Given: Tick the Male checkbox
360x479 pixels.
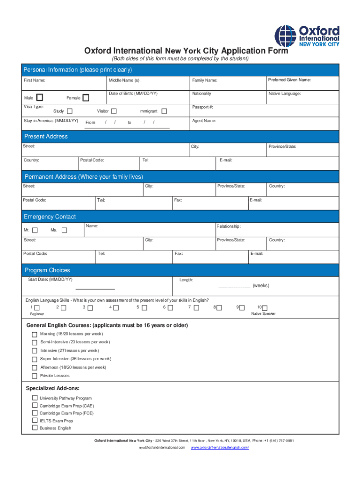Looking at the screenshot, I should click(40, 97).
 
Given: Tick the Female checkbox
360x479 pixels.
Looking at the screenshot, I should click(86, 98).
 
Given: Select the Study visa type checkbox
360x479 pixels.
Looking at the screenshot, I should click(70, 111).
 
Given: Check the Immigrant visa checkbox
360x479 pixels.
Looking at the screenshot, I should click(164, 111).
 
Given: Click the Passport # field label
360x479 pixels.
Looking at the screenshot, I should click(202, 107).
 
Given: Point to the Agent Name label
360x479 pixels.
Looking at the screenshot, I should click(204, 121).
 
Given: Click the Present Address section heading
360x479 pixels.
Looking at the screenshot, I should click(46, 137).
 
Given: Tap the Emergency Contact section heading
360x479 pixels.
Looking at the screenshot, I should click(50, 217).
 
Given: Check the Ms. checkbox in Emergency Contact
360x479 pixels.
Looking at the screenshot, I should click(65, 230).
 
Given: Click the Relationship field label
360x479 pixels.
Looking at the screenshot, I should click(229, 226).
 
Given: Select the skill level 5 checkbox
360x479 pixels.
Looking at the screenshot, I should click(144, 308).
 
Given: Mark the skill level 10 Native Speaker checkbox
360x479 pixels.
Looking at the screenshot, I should click(265, 308).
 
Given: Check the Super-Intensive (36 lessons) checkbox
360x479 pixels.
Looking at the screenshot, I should click(34, 359).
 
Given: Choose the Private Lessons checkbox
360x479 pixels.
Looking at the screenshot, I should click(34, 376).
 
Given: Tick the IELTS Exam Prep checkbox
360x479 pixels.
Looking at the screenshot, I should click(35, 421).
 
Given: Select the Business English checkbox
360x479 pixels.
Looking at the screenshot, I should click(35, 428).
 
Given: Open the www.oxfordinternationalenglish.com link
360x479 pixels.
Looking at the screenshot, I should click(220, 448).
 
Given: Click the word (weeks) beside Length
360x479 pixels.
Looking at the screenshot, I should click(261, 285).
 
